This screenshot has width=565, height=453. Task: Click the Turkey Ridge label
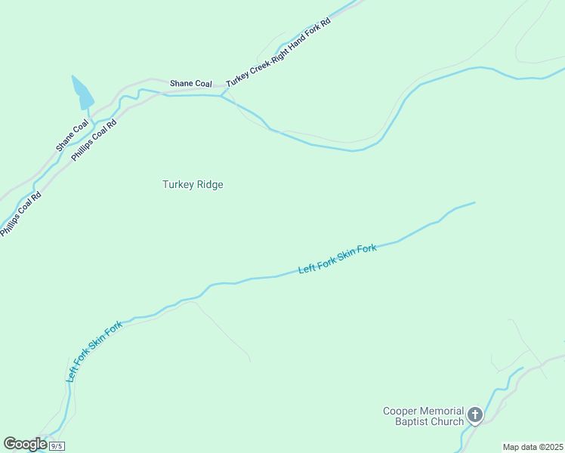193,184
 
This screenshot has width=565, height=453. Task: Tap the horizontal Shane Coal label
190,84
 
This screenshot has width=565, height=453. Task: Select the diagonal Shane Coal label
72,134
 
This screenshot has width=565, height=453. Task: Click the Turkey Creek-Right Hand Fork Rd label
278,52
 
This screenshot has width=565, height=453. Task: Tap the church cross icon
474,414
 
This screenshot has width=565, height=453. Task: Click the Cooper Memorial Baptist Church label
422,416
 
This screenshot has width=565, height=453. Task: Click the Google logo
25,444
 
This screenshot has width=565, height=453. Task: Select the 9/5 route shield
57,446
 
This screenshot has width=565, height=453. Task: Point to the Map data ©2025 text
533,447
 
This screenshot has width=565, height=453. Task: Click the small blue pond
82,94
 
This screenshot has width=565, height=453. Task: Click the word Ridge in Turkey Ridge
209,184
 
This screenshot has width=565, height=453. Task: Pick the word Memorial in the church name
442,411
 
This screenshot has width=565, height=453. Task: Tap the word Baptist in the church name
411,421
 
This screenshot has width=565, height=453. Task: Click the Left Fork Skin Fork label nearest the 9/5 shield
94,351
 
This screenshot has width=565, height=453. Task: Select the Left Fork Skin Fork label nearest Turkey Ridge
337,259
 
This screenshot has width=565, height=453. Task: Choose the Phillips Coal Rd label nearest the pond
94,140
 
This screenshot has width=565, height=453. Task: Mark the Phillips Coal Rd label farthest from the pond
20,214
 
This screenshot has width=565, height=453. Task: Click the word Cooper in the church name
400,411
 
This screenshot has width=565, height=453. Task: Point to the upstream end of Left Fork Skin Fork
474,202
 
